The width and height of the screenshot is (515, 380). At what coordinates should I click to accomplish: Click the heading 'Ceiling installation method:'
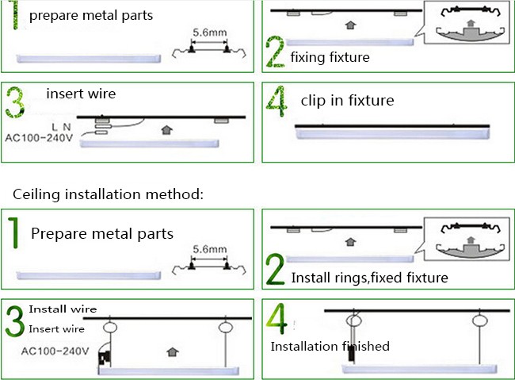tap(108, 194)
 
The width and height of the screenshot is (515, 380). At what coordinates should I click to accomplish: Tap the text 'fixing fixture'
tap(330, 57)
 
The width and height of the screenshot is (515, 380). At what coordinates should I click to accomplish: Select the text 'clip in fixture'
tap(347, 100)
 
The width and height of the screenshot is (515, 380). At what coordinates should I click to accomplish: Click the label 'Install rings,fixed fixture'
tap(369, 278)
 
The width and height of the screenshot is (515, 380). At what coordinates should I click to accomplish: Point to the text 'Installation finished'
tap(330, 346)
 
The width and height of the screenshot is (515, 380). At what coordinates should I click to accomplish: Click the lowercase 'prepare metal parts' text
tap(91, 15)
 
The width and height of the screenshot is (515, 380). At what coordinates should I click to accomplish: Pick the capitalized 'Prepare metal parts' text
tap(102, 233)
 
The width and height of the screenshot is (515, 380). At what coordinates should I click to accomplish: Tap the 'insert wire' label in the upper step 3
tap(81, 94)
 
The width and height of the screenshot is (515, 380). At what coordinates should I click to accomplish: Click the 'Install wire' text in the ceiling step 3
tap(63, 309)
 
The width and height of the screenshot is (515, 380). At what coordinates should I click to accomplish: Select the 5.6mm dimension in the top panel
tap(209, 33)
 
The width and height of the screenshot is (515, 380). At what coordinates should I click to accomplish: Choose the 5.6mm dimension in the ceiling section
tap(209, 249)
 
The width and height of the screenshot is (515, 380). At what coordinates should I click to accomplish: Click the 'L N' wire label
tap(61, 127)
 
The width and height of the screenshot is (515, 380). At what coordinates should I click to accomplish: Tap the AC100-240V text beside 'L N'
tap(39, 137)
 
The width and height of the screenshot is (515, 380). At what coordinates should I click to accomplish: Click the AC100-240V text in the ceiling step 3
tap(55, 351)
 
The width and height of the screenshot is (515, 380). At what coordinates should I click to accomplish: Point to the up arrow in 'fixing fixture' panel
tap(351, 25)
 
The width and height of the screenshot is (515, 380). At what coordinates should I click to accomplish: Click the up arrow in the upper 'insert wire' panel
tap(167, 130)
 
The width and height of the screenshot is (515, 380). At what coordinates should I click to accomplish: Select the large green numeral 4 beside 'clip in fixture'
tap(277, 101)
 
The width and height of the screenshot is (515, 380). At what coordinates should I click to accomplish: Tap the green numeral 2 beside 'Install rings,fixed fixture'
tap(275, 269)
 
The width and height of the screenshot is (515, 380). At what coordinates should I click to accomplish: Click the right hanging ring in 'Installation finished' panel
tap(479, 320)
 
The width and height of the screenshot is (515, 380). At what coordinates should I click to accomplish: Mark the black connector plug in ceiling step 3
tap(105, 358)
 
